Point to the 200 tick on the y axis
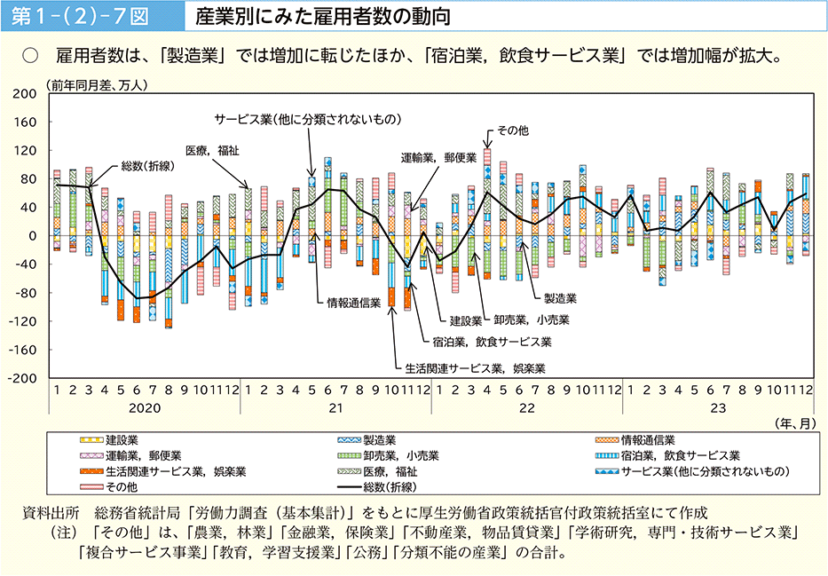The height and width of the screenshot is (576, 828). pyautogui.click(x=24, y=94)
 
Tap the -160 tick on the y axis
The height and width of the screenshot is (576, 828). pyautogui.click(x=21, y=350)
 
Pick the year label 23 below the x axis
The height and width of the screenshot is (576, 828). pyautogui.click(x=718, y=408)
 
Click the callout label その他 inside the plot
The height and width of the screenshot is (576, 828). pyautogui.click(x=512, y=130)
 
